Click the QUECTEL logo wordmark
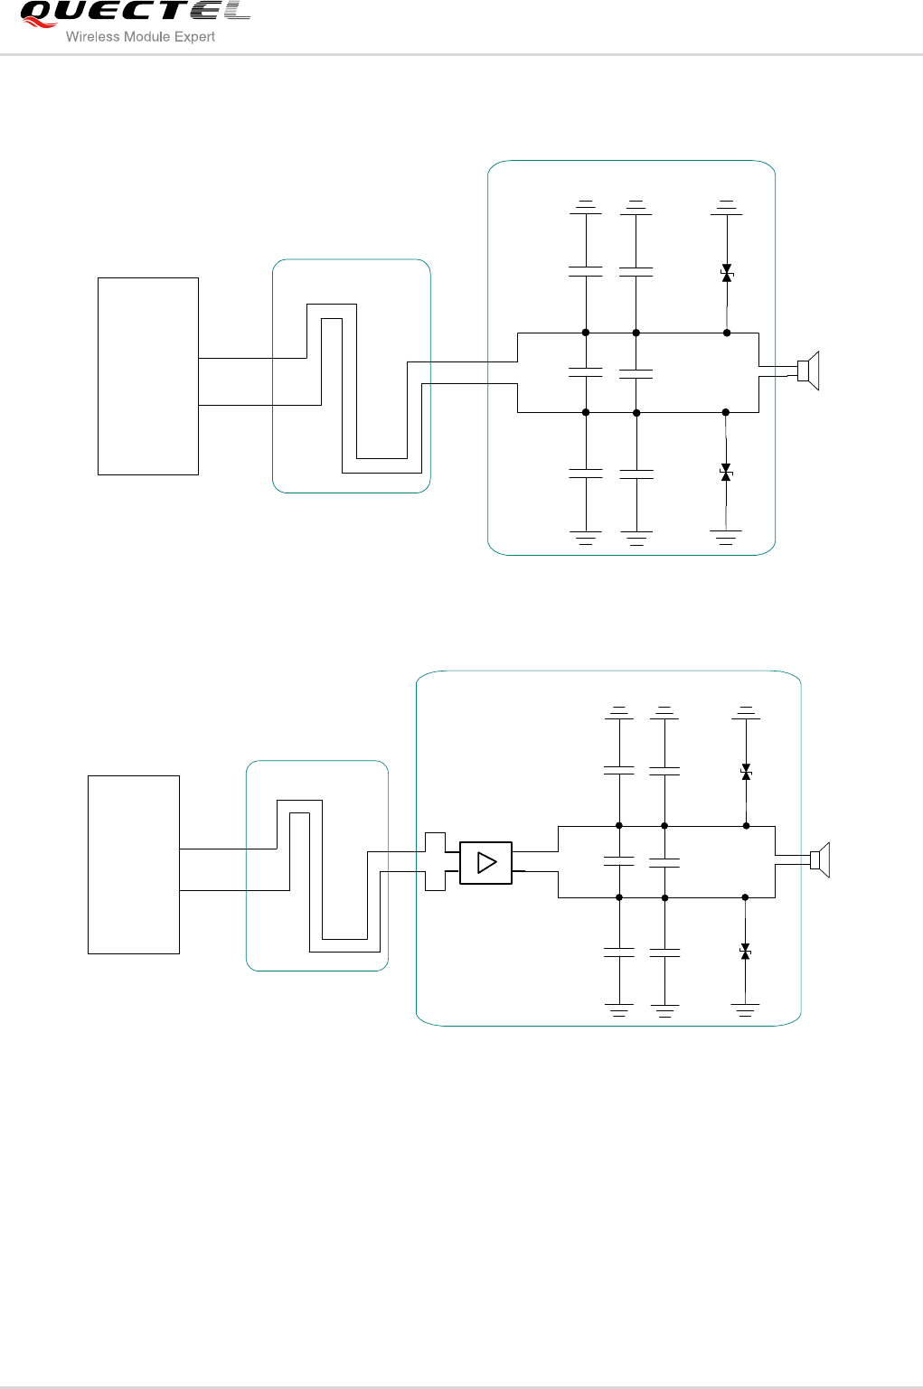tap(136, 13)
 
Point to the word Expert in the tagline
tap(194, 37)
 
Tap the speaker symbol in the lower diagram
tap(819, 859)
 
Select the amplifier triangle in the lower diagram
tap(486, 862)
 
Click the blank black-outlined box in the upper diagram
tap(148, 376)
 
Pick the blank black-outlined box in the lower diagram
tap(134, 864)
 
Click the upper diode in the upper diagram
tap(727, 274)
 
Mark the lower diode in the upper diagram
tap(726, 472)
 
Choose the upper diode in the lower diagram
tap(746, 773)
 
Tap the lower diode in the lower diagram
tap(746, 951)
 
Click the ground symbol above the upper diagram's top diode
tap(727, 207)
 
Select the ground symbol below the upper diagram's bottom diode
tap(726, 537)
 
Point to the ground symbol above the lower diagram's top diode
tap(746, 712)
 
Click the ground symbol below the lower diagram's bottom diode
tap(746, 1009)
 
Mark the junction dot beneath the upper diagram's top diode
tap(727, 333)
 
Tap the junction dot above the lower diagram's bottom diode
tap(746, 897)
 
